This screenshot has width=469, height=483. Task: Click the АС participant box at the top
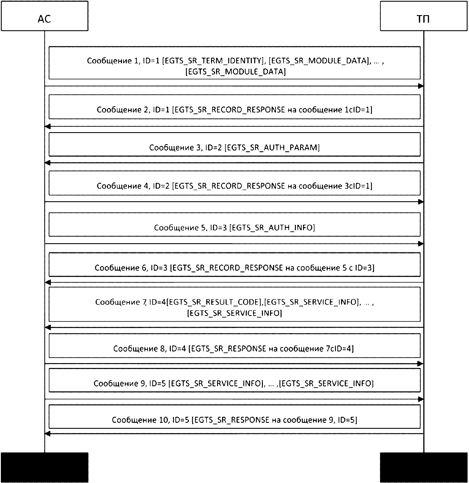point(45,16)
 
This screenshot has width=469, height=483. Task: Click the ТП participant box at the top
point(424,16)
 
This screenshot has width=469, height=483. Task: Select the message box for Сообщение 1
point(234,63)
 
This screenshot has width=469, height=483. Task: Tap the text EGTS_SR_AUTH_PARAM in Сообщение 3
point(272,148)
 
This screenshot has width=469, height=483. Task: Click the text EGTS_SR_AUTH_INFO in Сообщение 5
point(272,228)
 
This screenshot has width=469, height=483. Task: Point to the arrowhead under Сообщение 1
point(421,86)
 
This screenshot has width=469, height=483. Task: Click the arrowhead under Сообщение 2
point(48,126)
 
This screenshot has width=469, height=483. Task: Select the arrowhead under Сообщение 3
point(48,163)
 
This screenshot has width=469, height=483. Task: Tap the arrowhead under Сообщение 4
point(421,202)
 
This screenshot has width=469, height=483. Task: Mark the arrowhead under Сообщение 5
point(421,244)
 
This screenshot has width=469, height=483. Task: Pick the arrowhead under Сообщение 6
point(48,283)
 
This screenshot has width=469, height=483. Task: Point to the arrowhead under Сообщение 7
point(48,327)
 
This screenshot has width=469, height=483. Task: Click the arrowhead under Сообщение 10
point(48,434)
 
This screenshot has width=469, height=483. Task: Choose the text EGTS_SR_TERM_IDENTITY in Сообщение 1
point(212,61)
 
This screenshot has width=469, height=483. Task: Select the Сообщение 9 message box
point(234,380)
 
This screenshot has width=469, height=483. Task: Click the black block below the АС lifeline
point(45,467)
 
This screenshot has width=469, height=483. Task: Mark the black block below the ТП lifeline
point(424,467)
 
